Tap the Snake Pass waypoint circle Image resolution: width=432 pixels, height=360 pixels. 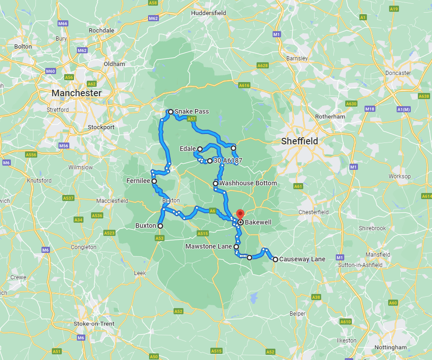coord(171,112)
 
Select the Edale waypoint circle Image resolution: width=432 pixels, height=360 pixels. coord(199,149)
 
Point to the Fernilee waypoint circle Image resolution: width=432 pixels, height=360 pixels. coord(154,181)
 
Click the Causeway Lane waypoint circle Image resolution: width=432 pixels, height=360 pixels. coord(275,259)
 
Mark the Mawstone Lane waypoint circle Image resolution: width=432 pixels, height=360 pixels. coord(236,247)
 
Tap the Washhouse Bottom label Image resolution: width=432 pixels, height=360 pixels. coord(248,183)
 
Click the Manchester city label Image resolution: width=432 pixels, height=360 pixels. coord(76,93)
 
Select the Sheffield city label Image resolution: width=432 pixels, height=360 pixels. coord(299,141)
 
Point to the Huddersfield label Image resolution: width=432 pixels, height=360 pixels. coord(209,13)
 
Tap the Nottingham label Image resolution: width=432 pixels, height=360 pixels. coord(390,347)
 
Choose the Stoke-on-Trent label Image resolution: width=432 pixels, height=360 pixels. coord(94,323)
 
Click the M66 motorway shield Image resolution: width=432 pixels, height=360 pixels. coord(63,24)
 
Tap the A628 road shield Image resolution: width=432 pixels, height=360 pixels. coord(263,66)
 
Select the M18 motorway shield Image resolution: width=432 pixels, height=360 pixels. coord(370,109)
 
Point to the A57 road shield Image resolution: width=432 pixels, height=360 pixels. coord(191,119)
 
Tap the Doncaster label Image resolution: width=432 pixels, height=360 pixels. coord(398,73)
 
